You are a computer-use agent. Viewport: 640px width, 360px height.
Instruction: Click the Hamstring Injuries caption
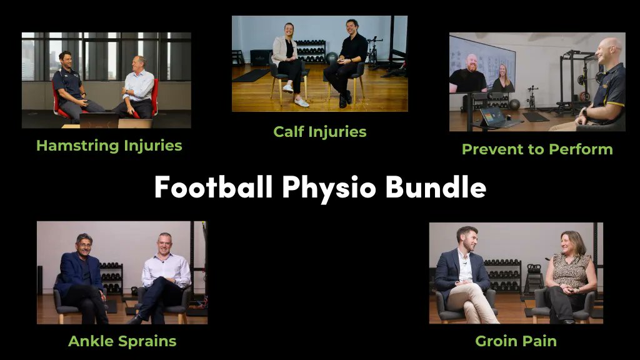[109, 146]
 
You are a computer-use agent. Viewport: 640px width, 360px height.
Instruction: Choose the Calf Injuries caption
[319, 131]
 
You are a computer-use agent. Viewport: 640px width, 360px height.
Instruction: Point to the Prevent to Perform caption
[537, 149]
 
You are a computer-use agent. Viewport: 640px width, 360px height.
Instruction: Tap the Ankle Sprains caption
[122, 341]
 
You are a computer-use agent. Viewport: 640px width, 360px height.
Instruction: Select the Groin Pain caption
[516, 341]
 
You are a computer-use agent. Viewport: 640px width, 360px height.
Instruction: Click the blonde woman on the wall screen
[502, 77]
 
